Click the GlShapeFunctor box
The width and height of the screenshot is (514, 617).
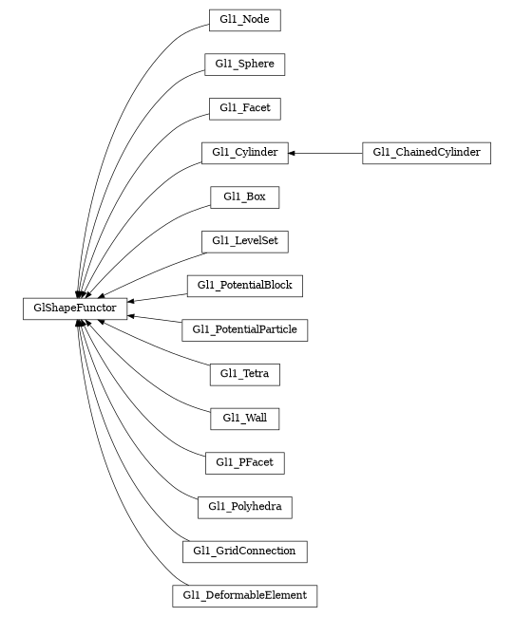click(x=75, y=308)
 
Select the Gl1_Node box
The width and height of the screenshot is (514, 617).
click(x=244, y=20)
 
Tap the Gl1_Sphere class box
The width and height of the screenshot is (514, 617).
click(x=244, y=65)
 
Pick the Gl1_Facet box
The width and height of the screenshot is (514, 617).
click(x=244, y=108)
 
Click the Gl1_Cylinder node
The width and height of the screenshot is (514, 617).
click(x=244, y=153)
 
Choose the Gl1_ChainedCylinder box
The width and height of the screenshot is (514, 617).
click(x=426, y=153)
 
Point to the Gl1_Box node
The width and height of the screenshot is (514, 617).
click(x=244, y=197)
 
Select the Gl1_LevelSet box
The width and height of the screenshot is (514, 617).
click(x=244, y=242)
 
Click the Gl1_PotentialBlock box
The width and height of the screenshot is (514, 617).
click(x=244, y=286)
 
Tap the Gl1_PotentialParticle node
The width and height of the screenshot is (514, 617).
click(x=244, y=330)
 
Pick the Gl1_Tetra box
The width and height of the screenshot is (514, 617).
click(x=244, y=374)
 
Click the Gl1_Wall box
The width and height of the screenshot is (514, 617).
click(x=244, y=419)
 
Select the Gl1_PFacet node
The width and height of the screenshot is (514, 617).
click(x=244, y=463)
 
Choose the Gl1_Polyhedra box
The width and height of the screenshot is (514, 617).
click(x=244, y=507)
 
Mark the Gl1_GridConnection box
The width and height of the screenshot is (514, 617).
click(x=244, y=552)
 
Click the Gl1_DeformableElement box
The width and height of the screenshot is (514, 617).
click(x=244, y=596)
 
